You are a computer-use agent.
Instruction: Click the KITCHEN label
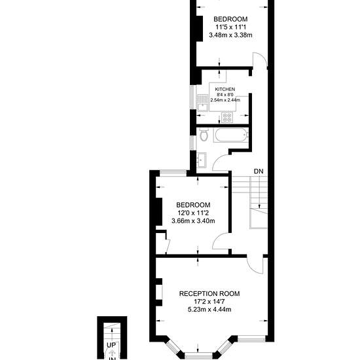pyautogui.click(x=225, y=89)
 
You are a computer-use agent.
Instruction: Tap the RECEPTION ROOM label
pyautogui.click(x=209, y=294)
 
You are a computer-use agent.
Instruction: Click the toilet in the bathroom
pyautogui.click(x=204, y=135)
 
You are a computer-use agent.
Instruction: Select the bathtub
pyautogui.click(x=230, y=135)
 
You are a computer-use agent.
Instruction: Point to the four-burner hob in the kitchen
pyautogui.click(x=227, y=117)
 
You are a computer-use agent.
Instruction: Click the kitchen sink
pyautogui.click(x=202, y=103)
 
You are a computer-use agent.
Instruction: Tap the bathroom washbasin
pyautogui.click(x=202, y=160)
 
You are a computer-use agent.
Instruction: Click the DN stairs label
pyautogui.click(x=259, y=171)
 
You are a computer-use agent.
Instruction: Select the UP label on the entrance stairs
pyautogui.click(x=111, y=345)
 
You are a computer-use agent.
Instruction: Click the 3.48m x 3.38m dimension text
pyautogui.click(x=230, y=35)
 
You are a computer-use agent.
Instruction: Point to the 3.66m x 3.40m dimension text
pyautogui.click(x=193, y=221)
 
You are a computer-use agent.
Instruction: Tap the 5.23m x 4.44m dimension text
pyautogui.click(x=209, y=310)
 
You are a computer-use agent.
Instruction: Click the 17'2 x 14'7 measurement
pyautogui.click(x=209, y=302)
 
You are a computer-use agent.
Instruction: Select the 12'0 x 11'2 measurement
pyautogui.click(x=193, y=213)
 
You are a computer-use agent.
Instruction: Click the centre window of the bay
pyautogui.click(x=198, y=357)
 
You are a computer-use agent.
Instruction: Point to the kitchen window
pyautogui.click(x=192, y=97)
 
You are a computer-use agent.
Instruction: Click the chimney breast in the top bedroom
pyautogui.click(x=199, y=28)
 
